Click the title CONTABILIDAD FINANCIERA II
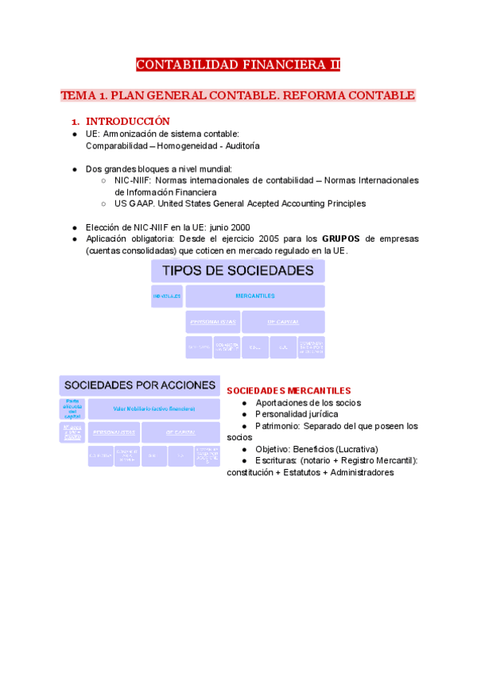[x=238, y=65]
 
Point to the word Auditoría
[x=239, y=146]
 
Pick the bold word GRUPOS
[x=341, y=238]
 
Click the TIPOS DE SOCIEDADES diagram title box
[x=238, y=271]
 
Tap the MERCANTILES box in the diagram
[x=255, y=296]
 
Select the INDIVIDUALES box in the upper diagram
[x=167, y=296]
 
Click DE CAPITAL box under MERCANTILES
[x=283, y=322]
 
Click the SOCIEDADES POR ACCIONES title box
[x=140, y=385]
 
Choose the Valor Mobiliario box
[x=154, y=409]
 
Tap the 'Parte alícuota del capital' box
[x=72, y=409]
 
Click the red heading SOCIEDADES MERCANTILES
[x=289, y=391]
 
